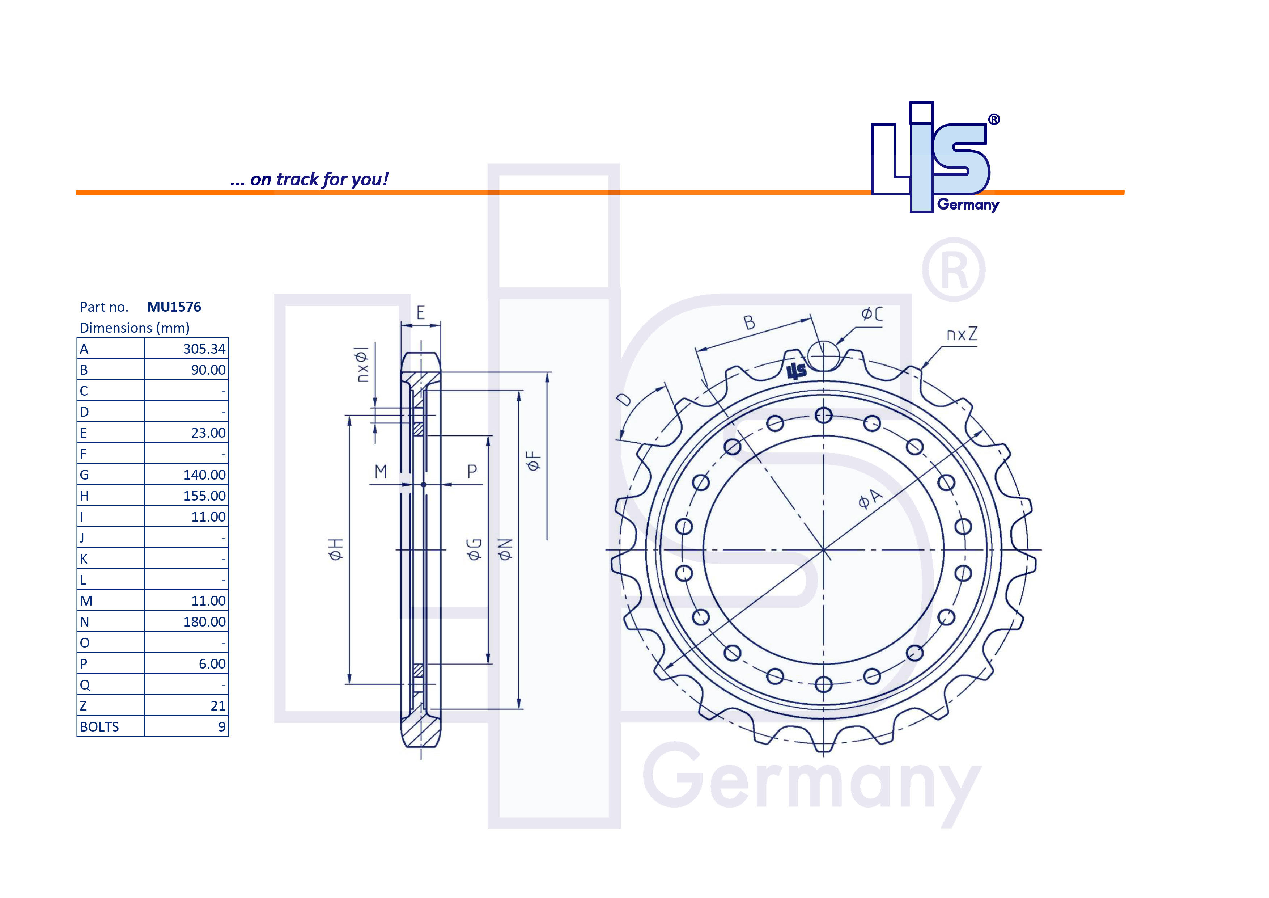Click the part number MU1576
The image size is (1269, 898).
click(174, 307)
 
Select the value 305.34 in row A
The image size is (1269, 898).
click(204, 349)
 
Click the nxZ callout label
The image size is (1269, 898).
click(962, 334)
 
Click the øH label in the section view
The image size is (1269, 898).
click(336, 549)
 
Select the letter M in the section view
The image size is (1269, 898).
click(381, 472)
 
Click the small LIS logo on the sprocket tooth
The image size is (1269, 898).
click(797, 371)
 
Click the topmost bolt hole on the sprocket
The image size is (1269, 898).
click(824, 415)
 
